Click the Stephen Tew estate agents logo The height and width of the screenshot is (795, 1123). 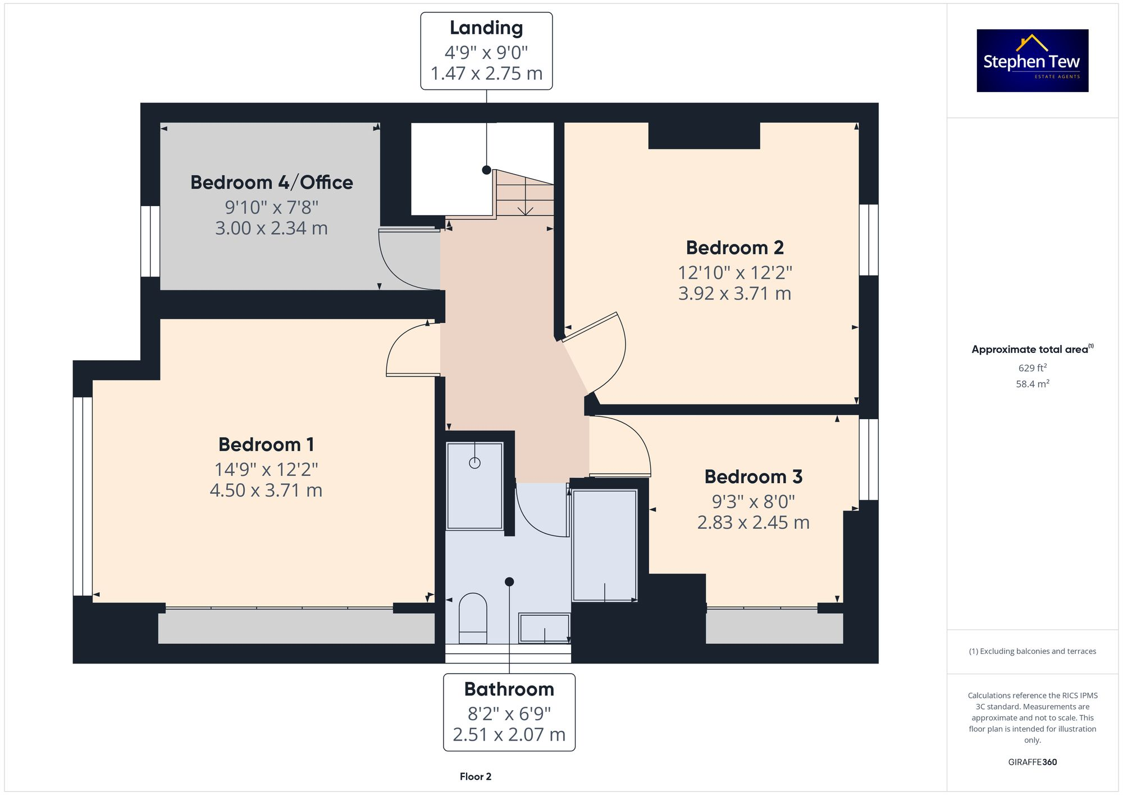[x=1032, y=61]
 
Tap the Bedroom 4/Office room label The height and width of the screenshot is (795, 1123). [x=271, y=183]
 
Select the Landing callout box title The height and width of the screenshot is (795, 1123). [x=486, y=28]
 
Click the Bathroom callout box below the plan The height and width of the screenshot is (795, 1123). [x=509, y=712]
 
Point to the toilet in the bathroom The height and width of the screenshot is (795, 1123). [x=473, y=618]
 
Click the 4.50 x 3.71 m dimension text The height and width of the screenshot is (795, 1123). [x=266, y=490]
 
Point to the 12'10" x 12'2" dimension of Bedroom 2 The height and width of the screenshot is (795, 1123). [x=734, y=273]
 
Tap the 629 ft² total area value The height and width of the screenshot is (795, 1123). [x=1032, y=368]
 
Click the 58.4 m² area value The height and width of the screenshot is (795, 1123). [x=1032, y=384]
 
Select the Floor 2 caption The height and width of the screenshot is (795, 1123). [x=475, y=776]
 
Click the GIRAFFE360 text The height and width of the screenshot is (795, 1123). [x=1032, y=762]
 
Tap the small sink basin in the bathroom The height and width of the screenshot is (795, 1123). [x=544, y=628]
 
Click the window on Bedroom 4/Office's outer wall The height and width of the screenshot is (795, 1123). [x=150, y=241]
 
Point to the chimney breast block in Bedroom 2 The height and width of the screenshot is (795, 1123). [x=704, y=135]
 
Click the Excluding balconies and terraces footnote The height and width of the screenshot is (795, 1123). [x=1032, y=651]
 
